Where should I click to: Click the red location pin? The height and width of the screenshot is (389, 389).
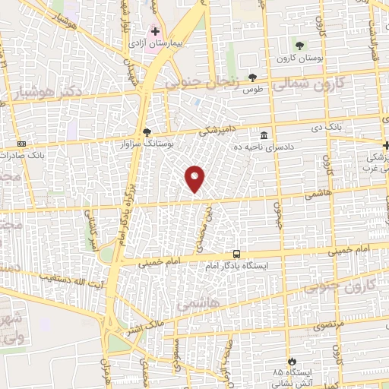tap(195, 178)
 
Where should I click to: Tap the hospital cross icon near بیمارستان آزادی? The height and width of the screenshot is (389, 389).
tap(156, 31)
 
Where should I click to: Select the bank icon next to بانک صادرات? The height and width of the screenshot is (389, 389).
tap(21, 143)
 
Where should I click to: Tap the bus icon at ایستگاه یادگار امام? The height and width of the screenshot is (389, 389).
tap(239, 255)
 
